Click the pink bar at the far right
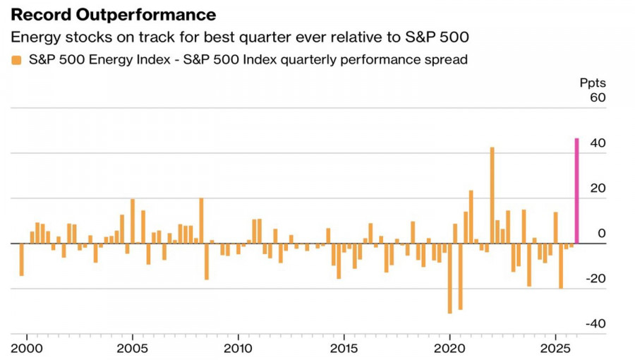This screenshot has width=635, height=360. (x=576, y=191)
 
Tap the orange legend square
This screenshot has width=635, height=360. (x=16, y=60)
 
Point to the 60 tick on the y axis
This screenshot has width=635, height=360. (x=597, y=97)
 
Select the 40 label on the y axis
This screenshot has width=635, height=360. (x=597, y=143)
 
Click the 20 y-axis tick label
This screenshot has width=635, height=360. (x=597, y=188)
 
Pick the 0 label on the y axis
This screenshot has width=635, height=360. (x=601, y=233)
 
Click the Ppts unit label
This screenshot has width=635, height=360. (x=593, y=83)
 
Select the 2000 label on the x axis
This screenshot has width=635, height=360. (x=26, y=348)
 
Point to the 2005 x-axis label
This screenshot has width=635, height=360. (x=132, y=348)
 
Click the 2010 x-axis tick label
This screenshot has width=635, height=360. (x=238, y=348)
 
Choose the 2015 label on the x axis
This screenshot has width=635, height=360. (x=344, y=348)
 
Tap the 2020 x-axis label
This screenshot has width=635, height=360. (x=449, y=348)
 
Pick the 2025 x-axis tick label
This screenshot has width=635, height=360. (x=555, y=348)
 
